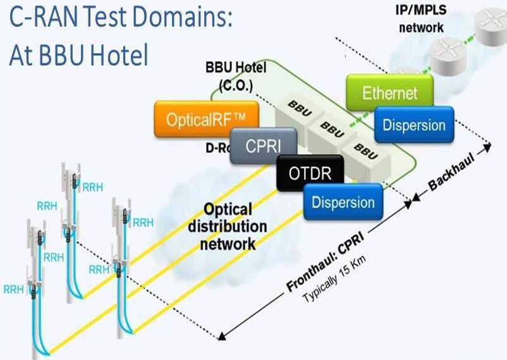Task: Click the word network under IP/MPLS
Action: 421,28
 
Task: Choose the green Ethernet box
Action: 389,94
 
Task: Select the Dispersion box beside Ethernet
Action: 413,124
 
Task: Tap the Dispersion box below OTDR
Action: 343,202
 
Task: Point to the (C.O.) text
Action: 237,89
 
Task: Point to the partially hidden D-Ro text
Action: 215,148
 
